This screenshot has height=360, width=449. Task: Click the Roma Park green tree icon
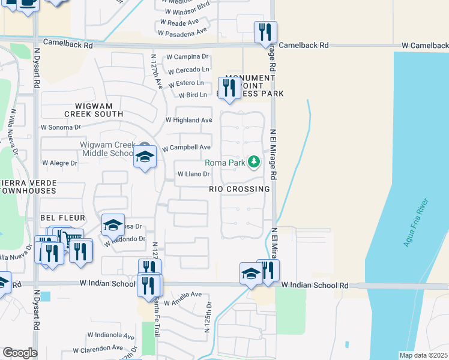pos(255,162)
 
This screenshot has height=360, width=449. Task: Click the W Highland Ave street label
pos(189,120)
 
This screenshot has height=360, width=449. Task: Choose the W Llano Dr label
pos(193,175)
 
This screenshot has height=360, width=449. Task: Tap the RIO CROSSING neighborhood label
pos(239,189)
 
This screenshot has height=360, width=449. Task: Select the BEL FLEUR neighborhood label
pos(62,217)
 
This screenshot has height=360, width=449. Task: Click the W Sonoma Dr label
pos(60,127)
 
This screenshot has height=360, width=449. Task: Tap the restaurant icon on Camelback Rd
pos(265,32)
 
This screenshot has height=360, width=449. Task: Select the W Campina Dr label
pos(187,56)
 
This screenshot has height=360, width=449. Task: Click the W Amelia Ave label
pos(182,295)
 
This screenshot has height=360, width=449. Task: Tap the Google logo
pos(20,353)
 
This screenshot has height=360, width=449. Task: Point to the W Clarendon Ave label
pos(98,349)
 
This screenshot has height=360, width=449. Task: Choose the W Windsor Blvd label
pos(186,11)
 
